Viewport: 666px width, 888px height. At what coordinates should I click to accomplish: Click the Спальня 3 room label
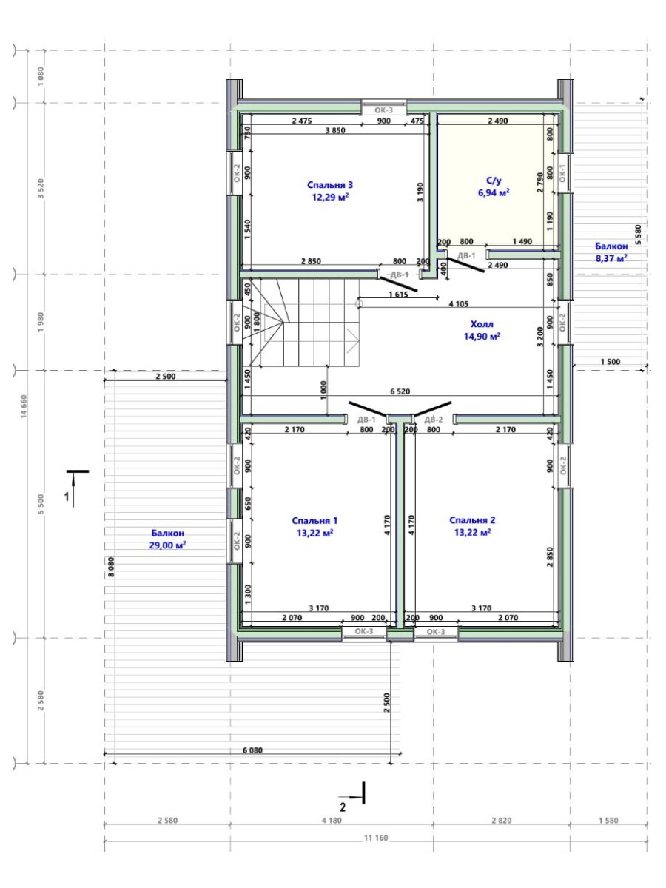(x=329, y=185)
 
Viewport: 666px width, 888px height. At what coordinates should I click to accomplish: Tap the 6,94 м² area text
(x=494, y=192)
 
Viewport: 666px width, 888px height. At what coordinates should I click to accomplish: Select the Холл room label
(x=482, y=324)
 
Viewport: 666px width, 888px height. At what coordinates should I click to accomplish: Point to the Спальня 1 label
(x=314, y=521)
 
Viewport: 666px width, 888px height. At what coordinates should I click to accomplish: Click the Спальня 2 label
(x=472, y=520)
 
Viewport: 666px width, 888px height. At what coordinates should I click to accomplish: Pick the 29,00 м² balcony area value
(x=167, y=545)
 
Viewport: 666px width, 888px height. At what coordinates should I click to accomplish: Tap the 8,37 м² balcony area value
(x=611, y=258)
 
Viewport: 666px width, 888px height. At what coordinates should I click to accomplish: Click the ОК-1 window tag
(x=562, y=173)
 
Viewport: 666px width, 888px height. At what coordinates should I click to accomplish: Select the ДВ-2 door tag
(x=434, y=420)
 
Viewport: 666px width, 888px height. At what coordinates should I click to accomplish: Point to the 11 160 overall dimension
(x=376, y=838)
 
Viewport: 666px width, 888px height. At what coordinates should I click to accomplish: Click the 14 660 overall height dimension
(x=24, y=406)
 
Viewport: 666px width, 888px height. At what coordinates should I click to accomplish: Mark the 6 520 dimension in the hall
(x=400, y=391)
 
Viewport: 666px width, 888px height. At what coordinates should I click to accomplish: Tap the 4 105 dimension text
(x=459, y=304)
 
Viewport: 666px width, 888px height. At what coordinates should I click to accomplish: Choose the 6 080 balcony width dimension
(x=252, y=750)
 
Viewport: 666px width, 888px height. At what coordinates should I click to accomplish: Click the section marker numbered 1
(x=75, y=488)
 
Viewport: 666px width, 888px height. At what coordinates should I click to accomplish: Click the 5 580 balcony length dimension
(x=638, y=235)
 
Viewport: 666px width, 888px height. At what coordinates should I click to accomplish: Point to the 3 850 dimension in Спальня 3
(x=335, y=130)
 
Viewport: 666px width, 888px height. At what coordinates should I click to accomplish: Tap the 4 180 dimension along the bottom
(x=332, y=821)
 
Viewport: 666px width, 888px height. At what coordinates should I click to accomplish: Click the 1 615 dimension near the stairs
(x=398, y=294)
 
